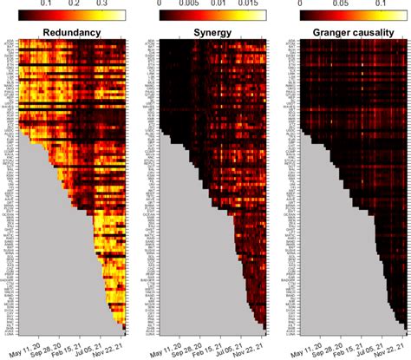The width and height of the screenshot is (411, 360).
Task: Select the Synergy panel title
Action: click(x=205, y=32)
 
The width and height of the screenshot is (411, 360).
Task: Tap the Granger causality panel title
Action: click(x=341, y=32)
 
